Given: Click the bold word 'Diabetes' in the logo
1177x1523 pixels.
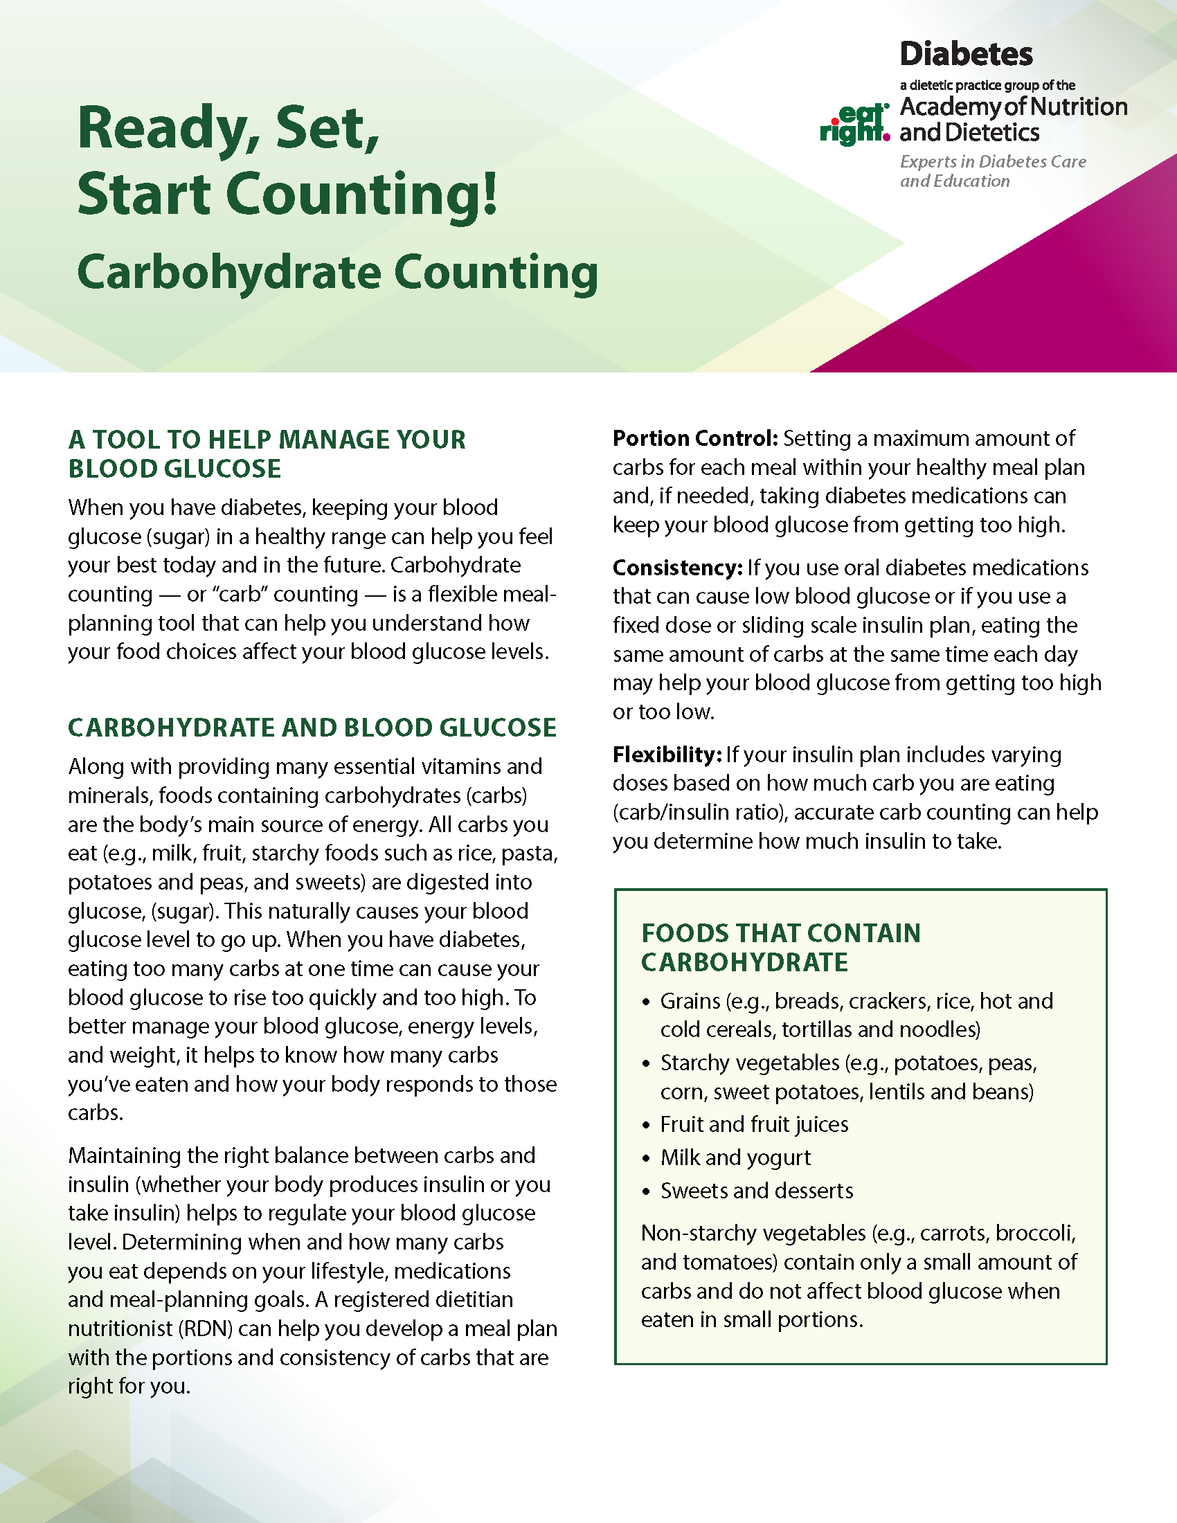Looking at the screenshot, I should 966,55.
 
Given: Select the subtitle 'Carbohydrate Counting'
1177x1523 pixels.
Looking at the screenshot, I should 337,273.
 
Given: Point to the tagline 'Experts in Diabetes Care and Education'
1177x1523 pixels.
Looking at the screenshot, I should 992,172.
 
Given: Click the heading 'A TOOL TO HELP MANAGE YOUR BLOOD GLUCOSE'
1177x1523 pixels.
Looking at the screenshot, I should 267,454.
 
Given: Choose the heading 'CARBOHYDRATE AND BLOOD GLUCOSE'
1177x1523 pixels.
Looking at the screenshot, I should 312,728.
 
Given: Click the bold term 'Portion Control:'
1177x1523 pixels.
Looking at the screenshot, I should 694,439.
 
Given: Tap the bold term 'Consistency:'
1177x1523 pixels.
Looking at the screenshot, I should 677,568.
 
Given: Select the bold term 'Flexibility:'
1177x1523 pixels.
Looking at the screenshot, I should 666,755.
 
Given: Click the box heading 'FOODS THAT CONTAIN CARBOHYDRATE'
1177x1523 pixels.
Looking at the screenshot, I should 780,948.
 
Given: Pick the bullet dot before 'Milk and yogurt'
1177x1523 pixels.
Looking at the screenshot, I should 646,1159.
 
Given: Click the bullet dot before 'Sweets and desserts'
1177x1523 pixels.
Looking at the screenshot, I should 646,1192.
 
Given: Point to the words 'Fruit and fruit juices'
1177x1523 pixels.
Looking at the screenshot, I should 754,1125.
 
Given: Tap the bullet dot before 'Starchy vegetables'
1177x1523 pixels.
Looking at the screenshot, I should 646,1064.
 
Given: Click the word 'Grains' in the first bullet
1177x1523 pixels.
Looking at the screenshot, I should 690,1002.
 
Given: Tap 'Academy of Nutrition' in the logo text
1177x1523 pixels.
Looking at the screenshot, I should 1013,107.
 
